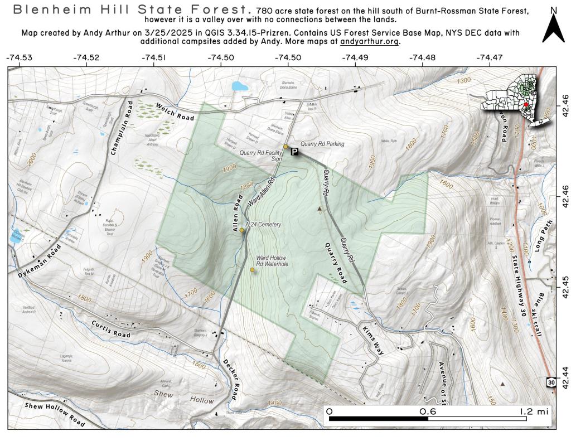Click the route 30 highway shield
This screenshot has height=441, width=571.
click(551, 382)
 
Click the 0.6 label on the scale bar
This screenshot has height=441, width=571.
click(428, 411)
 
